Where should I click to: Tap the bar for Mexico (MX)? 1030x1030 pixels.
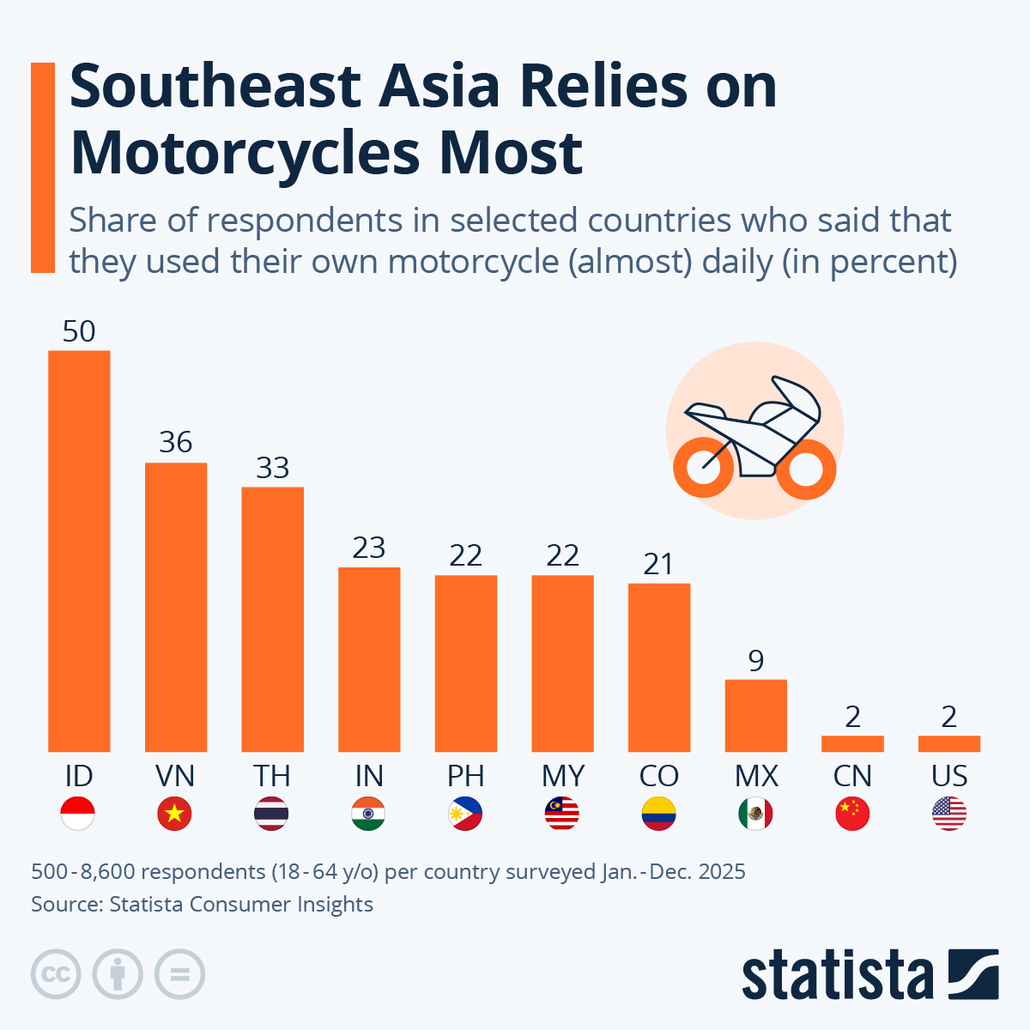click(x=756, y=716)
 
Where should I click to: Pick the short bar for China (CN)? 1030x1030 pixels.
click(x=852, y=743)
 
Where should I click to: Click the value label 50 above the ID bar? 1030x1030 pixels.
click(x=79, y=331)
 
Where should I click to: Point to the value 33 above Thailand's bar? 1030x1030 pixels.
click(x=272, y=468)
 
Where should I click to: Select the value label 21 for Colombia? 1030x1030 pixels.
click(x=659, y=564)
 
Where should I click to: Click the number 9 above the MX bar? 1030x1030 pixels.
click(x=756, y=660)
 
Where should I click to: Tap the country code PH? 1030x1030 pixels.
click(x=466, y=776)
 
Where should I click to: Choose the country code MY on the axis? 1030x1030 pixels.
click(x=563, y=776)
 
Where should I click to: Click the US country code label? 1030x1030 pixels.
click(x=949, y=776)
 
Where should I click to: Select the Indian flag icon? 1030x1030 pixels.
click(x=369, y=814)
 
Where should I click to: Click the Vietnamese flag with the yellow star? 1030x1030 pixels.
click(x=175, y=814)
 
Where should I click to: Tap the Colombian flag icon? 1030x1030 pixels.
click(x=659, y=814)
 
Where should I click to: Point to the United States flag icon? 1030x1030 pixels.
click(x=949, y=814)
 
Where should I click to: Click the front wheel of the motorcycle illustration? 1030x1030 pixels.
click(x=806, y=470)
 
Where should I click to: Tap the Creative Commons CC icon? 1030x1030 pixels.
click(x=56, y=974)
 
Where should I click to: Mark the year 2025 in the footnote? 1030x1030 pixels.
click(x=722, y=872)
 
